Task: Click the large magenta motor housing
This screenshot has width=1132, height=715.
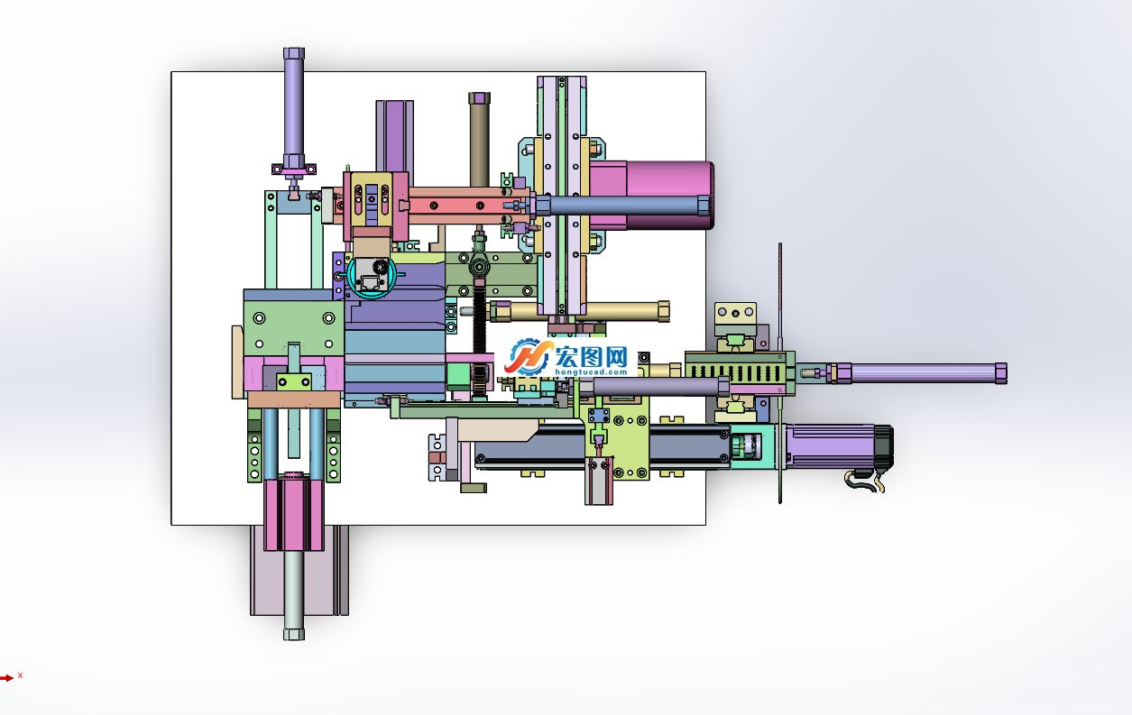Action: click(652, 195)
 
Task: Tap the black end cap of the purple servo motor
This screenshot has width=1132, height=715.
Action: click(884, 447)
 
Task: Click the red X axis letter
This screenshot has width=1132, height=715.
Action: click(20, 675)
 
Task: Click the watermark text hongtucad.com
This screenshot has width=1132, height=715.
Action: click(591, 371)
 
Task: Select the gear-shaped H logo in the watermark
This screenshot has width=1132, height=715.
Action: click(528, 357)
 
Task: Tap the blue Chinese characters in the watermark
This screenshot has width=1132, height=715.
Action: click(592, 356)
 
